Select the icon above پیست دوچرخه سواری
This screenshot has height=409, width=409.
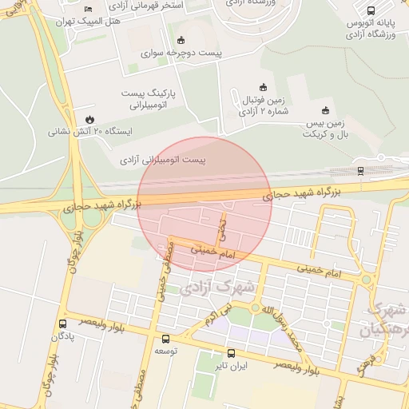coord(181,40)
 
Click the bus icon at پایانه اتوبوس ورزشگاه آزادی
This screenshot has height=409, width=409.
coord(371,10)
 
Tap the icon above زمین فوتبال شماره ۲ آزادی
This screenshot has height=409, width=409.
coord(263,86)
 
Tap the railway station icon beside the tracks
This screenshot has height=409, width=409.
coord(360,170)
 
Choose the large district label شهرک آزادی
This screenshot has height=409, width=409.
coord(216,284)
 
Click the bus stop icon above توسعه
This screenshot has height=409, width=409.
coord(165,339)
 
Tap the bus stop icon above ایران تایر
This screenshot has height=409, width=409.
coord(231,353)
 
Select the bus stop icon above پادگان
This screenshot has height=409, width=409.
coord(62,324)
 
